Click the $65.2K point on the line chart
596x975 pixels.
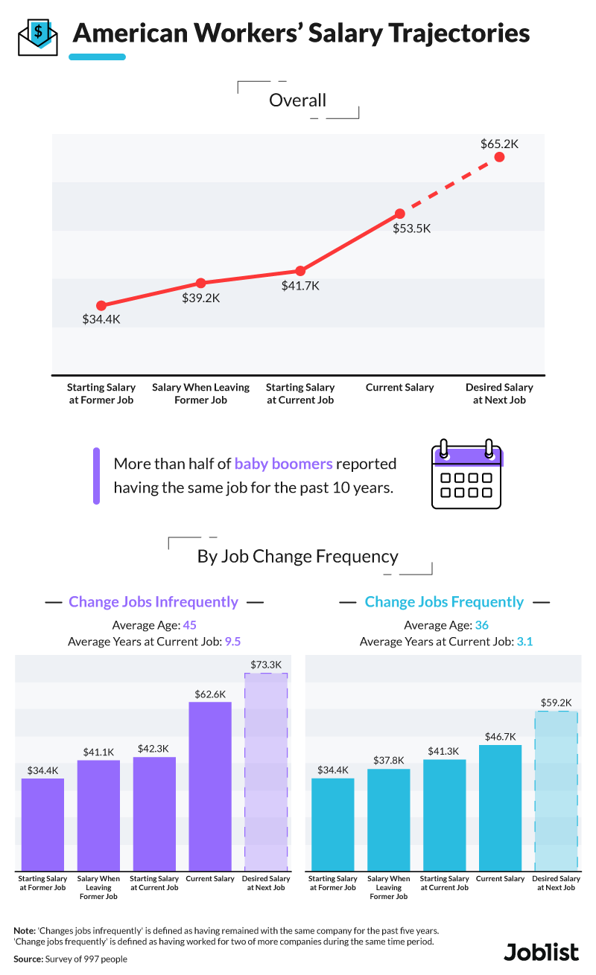(x=499, y=157)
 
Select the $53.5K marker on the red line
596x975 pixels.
(x=399, y=214)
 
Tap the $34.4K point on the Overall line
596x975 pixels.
(x=101, y=306)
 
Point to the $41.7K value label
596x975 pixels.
(x=300, y=286)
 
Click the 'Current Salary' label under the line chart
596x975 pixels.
(x=399, y=388)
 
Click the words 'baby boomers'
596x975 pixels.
(x=283, y=464)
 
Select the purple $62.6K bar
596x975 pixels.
(x=210, y=786)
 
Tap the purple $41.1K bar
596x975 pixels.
(x=98, y=815)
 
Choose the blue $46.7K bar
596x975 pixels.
(x=500, y=808)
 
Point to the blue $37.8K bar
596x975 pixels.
(x=388, y=819)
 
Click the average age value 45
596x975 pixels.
(x=189, y=625)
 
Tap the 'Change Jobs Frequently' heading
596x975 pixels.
(x=444, y=602)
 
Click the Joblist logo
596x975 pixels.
(x=541, y=952)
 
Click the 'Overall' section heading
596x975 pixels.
(x=298, y=100)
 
